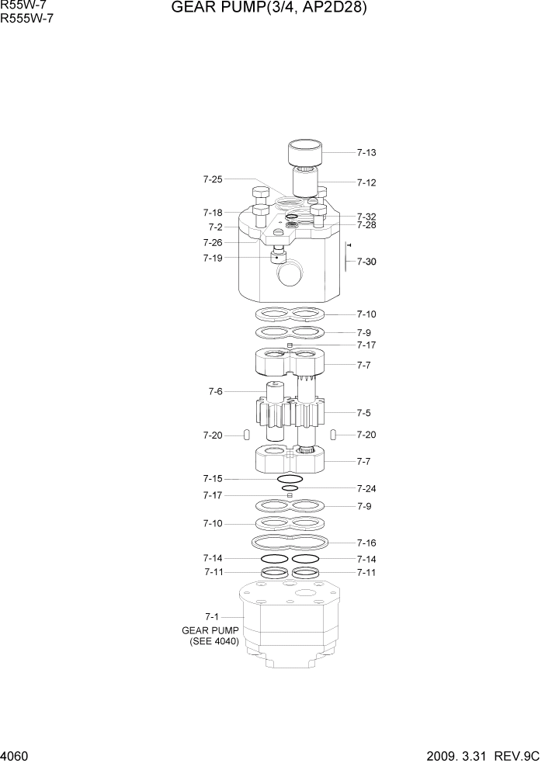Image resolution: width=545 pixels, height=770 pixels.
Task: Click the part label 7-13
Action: click(x=366, y=153)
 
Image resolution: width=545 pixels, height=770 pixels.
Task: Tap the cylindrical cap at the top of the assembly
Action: click(x=305, y=153)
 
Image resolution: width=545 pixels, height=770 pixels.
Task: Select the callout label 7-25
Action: click(x=212, y=179)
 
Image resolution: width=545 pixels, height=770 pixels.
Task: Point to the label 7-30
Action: click(x=366, y=262)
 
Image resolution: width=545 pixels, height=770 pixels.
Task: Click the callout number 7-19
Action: click(x=212, y=258)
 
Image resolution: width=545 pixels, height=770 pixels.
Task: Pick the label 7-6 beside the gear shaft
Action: click(x=215, y=392)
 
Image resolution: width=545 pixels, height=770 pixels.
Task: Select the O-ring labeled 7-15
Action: click(x=284, y=479)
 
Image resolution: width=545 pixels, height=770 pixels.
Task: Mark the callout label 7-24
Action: click(x=366, y=488)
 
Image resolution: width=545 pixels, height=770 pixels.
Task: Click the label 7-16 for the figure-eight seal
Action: click(x=366, y=543)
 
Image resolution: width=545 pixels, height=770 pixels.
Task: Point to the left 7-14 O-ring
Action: click(x=274, y=558)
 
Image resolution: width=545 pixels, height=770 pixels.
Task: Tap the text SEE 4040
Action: click(x=214, y=642)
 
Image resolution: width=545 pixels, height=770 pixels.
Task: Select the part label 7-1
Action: click(x=212, y=616)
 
